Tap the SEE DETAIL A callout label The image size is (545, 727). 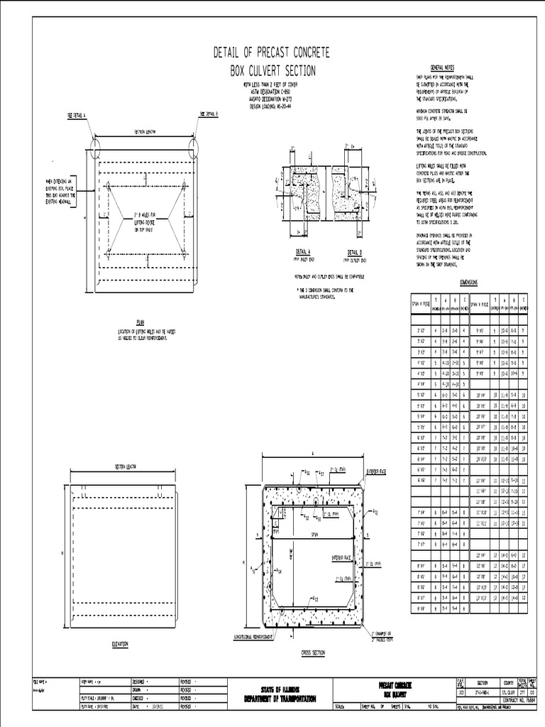pos(76,114)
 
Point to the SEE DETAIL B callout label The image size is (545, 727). pos(208,114)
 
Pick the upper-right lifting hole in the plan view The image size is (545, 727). pos(183,185)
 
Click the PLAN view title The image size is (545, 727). pos(140,322)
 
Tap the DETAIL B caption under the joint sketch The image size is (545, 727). pos(354,252)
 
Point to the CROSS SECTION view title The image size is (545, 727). pos(313,651)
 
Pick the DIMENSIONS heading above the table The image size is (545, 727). pos(469,281)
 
